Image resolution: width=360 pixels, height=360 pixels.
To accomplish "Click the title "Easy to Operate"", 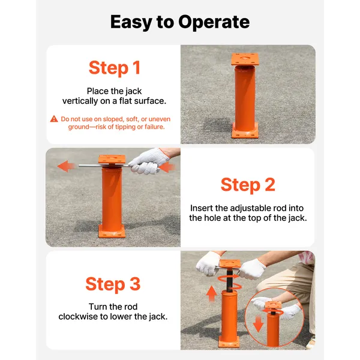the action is [x=180, y=22].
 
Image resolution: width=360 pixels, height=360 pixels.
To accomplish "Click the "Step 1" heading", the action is [x=115, y=68].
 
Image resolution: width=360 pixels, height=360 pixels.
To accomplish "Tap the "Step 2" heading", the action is [x=248, y=185].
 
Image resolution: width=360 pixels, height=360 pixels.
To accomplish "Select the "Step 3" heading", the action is [x=113, y=284].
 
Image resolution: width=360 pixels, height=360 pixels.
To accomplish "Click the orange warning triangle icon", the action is [x=54, y=119].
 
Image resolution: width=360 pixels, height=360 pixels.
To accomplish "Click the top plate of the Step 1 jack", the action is [x=245, y=59].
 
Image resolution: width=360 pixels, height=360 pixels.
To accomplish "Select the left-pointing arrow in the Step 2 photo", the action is [x=67, y=166].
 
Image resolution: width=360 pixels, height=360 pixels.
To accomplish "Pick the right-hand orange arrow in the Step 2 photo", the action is [x=167, y=167].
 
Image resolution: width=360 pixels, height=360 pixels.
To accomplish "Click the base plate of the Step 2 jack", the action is [x=112, y=232].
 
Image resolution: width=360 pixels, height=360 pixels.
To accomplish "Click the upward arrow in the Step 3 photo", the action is [x=211, y=293].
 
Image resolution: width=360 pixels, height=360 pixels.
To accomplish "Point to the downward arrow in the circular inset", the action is [x=258, y=324].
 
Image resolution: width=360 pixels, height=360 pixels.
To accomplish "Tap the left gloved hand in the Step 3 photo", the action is [x=208, y=263].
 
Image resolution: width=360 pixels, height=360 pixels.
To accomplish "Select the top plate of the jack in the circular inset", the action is [x=273, y=305].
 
